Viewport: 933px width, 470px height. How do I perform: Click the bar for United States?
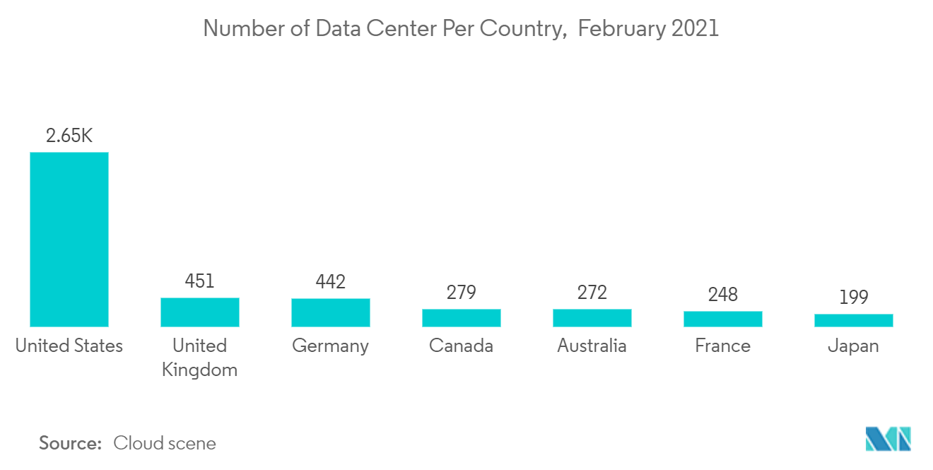point(69,240)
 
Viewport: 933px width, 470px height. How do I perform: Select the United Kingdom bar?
point(200,312)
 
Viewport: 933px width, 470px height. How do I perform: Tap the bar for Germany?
point(331,312)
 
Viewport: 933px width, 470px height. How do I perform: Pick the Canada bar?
point(462,318)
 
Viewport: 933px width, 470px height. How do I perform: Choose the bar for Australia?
point(592,318)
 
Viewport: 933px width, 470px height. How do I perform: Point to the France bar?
point(723,319)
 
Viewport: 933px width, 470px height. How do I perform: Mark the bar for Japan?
point(854,320)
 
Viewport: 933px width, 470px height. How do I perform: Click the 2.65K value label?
point(69,136)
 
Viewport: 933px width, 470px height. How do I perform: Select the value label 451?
point(200,281)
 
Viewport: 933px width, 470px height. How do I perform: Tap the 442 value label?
point(331,282)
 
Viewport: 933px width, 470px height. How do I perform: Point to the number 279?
point(462,293)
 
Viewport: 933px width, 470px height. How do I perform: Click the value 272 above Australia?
point(592,293)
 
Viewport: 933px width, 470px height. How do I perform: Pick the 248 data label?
point(723,295)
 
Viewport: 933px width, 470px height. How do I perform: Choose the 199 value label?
point(854,298)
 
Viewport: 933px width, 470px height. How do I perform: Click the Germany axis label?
point(331,346)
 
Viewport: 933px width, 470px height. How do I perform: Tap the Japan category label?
point(854,346)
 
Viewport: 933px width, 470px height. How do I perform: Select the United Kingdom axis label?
point(200,358)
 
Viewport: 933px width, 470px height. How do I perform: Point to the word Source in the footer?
point(70,443)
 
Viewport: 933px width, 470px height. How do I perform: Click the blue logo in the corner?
point(888,439)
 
